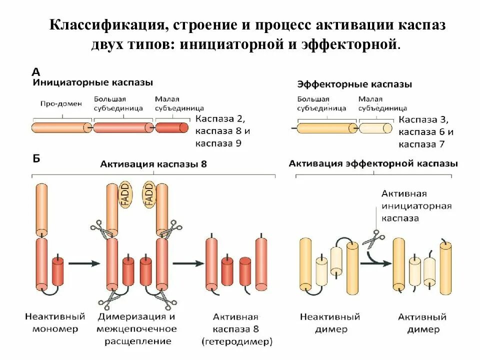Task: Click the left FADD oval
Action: pos(125,194)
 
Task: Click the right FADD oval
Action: pos(148,194)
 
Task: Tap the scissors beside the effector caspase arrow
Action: pos(373,238)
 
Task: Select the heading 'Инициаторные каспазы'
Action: pos(93,82)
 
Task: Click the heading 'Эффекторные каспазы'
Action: pos(354,84)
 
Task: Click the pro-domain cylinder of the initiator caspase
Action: pos(61,127)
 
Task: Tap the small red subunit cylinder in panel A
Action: pos(171,127)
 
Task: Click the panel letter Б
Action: pos(36,159)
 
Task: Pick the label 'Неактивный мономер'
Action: pos(55,322)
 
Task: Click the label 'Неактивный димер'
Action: pos(330,323)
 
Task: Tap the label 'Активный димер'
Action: pos(422,323)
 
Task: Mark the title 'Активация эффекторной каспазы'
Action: pos(373,163)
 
